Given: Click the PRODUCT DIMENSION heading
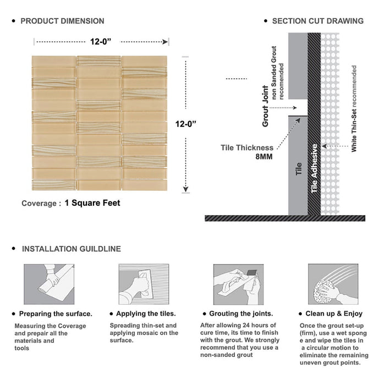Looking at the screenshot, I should [62, 21].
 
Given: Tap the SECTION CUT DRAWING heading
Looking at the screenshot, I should [317, 21].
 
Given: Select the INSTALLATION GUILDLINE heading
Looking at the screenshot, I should [71, 249].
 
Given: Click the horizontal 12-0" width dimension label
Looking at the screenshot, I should [102, 41].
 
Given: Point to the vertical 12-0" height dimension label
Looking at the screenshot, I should [187, 124].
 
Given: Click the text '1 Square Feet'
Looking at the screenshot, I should [92, 203].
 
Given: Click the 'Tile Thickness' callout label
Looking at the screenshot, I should [247, 147].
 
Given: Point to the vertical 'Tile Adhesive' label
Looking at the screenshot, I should [315, 168].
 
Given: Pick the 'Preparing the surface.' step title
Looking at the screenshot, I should [56, 314].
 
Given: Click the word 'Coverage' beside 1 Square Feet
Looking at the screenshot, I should [38, 204].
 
